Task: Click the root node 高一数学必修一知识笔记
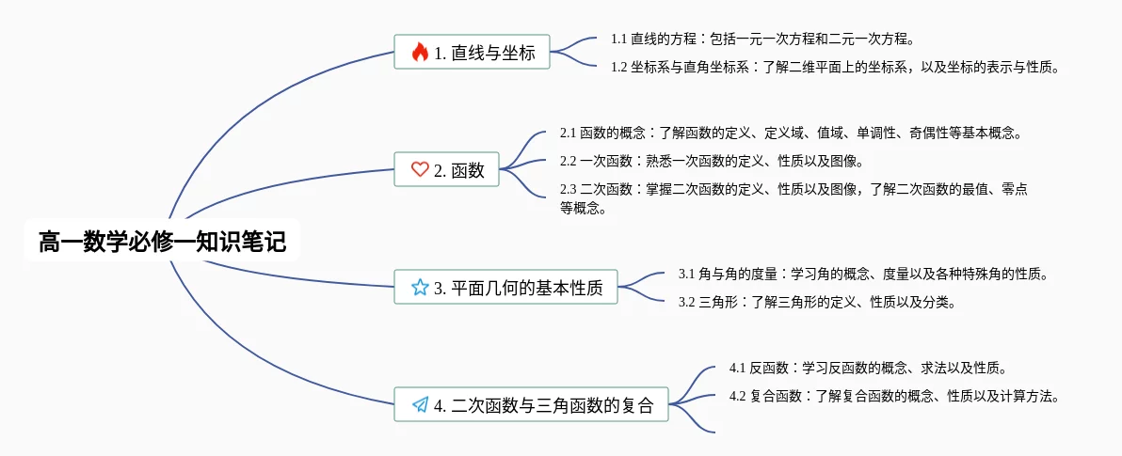[162, 242]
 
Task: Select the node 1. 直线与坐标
[472, 53]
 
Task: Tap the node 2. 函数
[447, 170]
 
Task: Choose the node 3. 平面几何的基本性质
[505, 288]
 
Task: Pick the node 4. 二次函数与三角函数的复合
[531, 405]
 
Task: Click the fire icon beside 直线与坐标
[420, 53]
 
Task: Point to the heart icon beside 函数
[420, 170]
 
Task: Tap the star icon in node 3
[420, 288]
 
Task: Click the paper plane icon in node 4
[420, 405]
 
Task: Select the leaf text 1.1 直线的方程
[762, 39]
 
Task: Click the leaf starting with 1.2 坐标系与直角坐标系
[835, 67]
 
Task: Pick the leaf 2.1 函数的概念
[791, 134]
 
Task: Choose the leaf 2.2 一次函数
[711, 161]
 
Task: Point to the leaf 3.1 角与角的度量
[862, 275]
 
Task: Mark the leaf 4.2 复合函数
[894, 396]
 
